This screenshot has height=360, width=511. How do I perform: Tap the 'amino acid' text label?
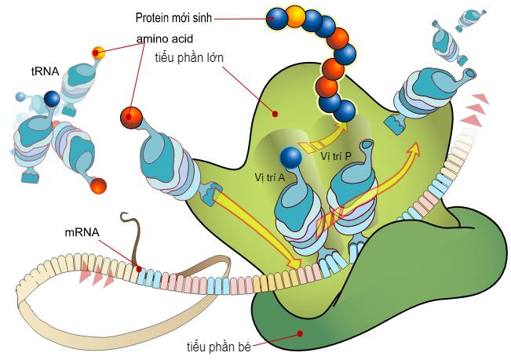tap(164, 38)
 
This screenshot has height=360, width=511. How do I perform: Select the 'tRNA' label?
tap(44, 71)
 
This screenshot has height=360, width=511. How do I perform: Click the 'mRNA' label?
tap(82, 232)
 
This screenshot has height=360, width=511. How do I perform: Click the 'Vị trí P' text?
tap(336, 155)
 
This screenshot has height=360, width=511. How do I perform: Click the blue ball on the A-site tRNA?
tap(290, 158)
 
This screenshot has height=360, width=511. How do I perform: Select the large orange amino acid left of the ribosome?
tap(133, 118)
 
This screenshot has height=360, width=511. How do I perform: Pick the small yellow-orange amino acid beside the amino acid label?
tap(98, 53)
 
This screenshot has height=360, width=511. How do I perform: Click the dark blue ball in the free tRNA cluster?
tap(53, 99)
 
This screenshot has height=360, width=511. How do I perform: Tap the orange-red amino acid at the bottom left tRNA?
tap(97, 186)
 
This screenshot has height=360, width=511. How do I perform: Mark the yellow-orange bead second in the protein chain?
tap(295, 16)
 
